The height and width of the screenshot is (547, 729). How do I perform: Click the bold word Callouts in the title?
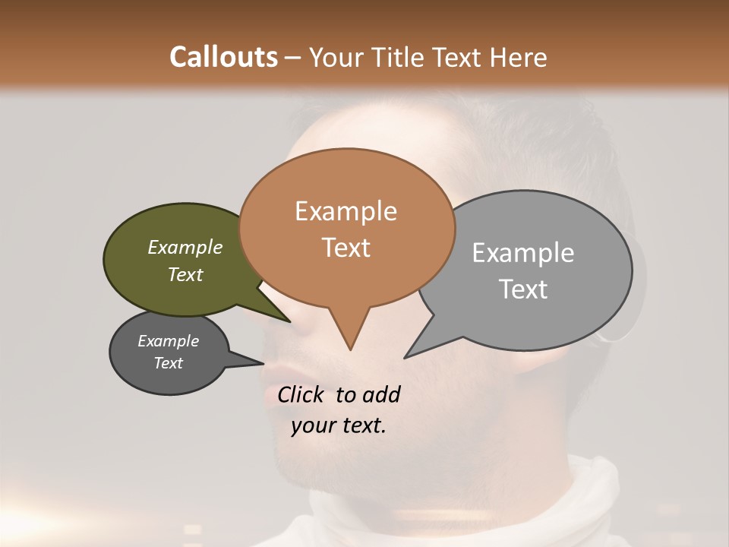[223, 57]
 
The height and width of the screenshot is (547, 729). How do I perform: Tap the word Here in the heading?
[516, 57]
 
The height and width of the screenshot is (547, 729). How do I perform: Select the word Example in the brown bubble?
[346, 211]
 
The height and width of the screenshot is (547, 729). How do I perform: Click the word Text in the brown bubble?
[346, 248]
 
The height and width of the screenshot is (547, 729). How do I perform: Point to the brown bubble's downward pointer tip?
[350, 349]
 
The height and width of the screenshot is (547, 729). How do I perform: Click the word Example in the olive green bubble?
[185, 247]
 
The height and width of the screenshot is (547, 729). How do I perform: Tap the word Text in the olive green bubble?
[185, 274]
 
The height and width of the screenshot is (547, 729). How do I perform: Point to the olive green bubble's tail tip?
[289, 321]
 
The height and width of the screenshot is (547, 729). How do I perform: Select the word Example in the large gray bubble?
[522, 253]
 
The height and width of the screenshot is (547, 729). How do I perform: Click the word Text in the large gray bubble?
[522, 289]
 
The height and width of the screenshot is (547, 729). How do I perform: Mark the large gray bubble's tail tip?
[405, 357]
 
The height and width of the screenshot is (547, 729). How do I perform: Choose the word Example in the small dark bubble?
[168, 341]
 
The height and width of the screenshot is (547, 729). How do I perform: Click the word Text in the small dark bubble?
[168, 363]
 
